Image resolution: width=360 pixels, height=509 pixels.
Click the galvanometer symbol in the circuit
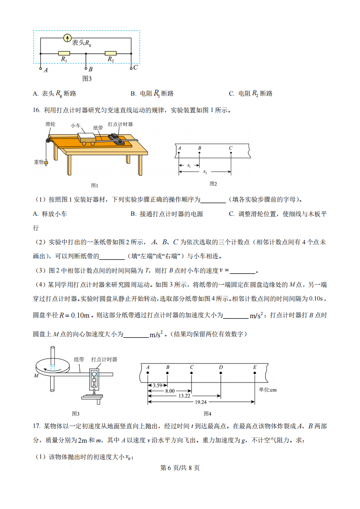point(67,38)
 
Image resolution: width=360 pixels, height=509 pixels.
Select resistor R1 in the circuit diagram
point(64,53)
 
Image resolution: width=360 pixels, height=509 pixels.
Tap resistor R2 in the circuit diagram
point(110,53)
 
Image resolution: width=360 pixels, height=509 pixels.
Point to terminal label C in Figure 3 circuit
point(135,67)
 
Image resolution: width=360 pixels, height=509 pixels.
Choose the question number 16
point(37,110)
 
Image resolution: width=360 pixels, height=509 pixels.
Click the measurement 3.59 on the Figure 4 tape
point(157,385)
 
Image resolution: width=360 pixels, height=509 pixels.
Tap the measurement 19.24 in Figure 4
point(201,402)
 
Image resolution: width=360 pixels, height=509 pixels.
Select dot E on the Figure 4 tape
point(255,373)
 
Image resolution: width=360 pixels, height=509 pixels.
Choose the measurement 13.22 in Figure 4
point(185,396)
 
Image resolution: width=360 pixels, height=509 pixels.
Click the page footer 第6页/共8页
point(180,468)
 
